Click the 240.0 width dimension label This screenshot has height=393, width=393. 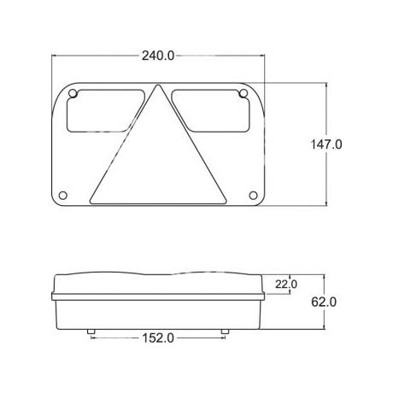pyautogui.click(x=158, y=56)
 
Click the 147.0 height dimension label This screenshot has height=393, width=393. pyautogui.click(x=326, y=144)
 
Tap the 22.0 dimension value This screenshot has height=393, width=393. pyautogui.click(x=286, y=284)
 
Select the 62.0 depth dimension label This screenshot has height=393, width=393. pyautogui.click(x=324, y=302)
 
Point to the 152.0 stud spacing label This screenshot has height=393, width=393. pyautogui.click(x=158, y=338)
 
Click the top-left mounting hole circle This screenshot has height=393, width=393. pyautogui.click(x=73, y=93)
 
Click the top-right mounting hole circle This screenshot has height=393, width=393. pyautogui.click(x=243, y=93)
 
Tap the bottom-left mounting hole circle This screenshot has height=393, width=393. pyautogui.click(x=63, y=196)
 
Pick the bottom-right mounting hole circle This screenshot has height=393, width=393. pyautogui.click(x=253, y=196)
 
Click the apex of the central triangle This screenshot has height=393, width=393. pyautogui.click(x=157, y=85)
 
